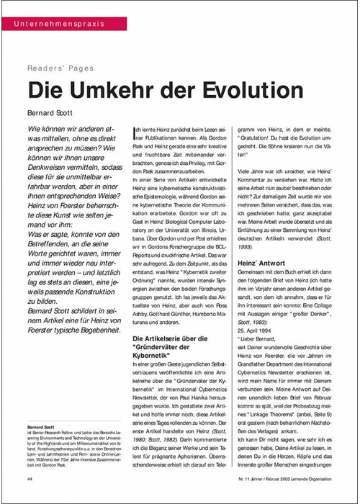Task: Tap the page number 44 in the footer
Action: [30, 479]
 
